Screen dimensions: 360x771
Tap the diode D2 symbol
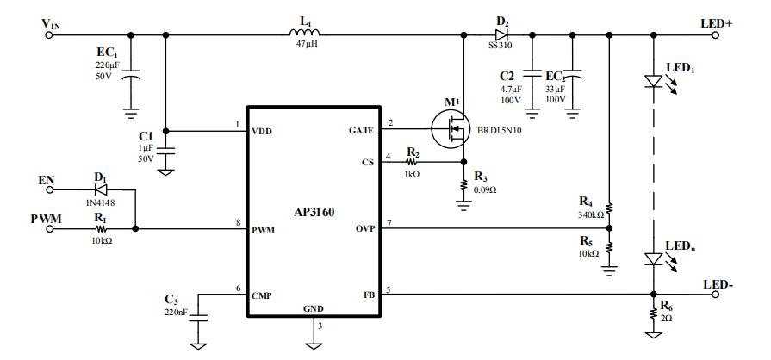501,35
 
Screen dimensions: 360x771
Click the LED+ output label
718,24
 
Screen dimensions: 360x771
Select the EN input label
47,182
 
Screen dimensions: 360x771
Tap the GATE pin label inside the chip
359,131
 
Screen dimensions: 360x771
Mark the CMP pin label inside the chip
263,295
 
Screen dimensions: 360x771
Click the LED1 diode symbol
655,81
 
